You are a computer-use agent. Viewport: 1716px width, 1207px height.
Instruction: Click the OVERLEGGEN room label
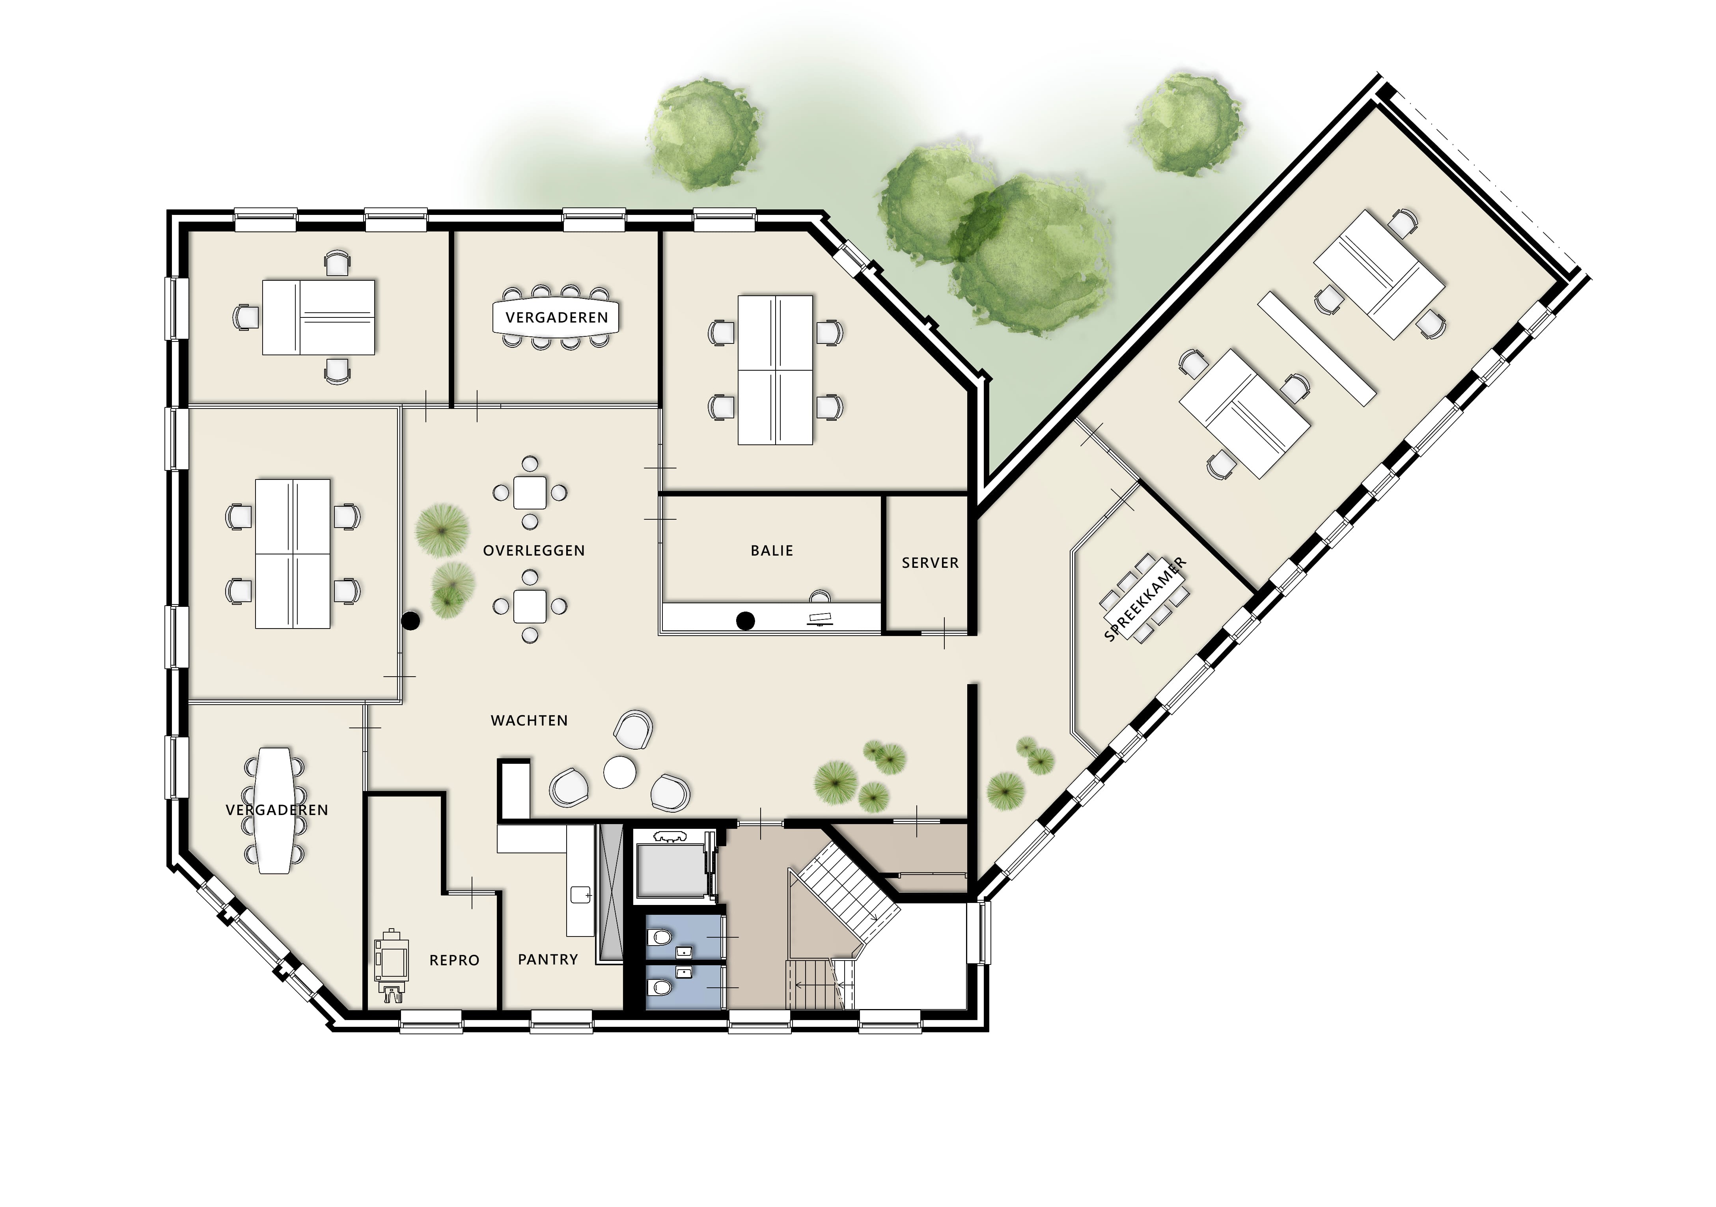click(533, 551)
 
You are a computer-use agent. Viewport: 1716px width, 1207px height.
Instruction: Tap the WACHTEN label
click(529, 720)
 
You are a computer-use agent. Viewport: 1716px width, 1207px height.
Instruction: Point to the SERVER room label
click(930, 563)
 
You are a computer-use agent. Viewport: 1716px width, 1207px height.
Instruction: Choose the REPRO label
click(454, 961)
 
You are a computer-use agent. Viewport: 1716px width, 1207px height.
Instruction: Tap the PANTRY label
click(548, 960)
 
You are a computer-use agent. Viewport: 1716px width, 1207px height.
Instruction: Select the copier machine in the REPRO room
click(392, 966)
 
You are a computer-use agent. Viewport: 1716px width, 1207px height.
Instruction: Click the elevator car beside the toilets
click(670, 867)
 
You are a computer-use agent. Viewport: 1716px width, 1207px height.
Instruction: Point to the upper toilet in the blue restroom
click(659, 937)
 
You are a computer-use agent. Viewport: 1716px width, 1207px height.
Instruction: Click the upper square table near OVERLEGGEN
click(530, 493)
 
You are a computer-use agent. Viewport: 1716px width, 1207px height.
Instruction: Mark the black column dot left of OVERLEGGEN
click(411, 620)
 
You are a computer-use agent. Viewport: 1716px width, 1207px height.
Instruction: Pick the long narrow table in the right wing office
click(1317, 348)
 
